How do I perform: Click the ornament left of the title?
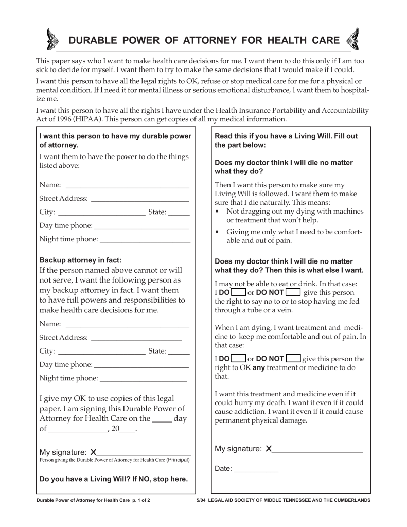pyautogui.click(x=52, y=40)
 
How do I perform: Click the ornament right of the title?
pyautogui.click(x=353, y=40)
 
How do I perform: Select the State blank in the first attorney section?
pyautogui.click(x=179, y=212)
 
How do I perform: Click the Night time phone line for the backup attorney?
pyautogui.click(x=143, y=379)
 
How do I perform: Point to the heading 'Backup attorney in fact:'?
pyautogui.click(x=80, y=260)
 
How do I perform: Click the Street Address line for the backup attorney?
pyautogui.click(x=136, y=338)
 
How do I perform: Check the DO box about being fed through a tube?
pyautogui.click(x=238, y=292)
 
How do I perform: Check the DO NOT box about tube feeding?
pyautogui.click(x=292, y=292)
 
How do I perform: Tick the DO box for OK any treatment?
pyautogui.click(x=238, y=358)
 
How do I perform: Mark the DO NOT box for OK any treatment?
pyautogui.click(x=293, y=358)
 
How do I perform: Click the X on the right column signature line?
pyautogui.click(x=269, y=449)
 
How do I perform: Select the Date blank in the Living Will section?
pyautogui.click(x=256, y=469)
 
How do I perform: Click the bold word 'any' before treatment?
pyautogui.click(x=258, y=367)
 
